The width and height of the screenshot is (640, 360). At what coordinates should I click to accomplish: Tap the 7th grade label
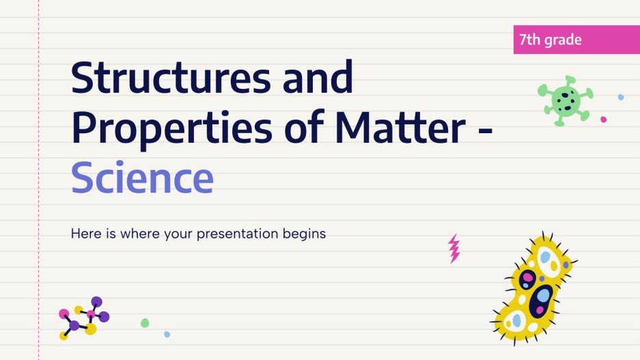551,40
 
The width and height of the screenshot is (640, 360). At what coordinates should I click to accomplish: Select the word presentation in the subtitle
238,234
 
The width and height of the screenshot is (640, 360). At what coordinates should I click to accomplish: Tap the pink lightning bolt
454,249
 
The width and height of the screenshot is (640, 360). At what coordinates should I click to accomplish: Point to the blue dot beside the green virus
620,97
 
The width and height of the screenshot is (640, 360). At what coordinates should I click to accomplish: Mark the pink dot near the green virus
603,120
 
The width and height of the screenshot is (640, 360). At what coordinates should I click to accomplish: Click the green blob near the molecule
145,322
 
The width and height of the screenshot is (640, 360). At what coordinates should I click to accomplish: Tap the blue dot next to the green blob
167,334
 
